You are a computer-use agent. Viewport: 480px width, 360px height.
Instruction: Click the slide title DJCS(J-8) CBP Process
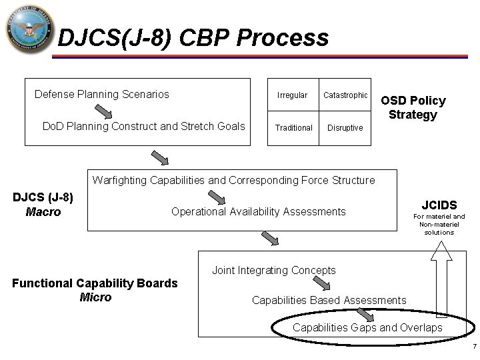click(x=193, y=38)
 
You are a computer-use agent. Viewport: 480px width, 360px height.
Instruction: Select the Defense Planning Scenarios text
click(x=101, y=94)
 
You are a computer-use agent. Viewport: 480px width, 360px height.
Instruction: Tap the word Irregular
click(x=293, y=95)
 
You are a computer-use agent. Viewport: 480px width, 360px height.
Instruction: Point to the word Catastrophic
click(x=345, y=95)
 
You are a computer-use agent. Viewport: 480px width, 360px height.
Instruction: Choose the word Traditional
click(x=295, y=127)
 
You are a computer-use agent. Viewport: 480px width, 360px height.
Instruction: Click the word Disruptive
click(x=345, y=127)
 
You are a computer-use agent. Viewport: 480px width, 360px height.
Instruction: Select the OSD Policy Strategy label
click(x=413, y=108)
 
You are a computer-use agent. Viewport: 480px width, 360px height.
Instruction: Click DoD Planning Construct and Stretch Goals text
click(x=143, y=127)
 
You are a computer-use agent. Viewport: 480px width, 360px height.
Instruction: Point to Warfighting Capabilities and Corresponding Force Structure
click(x=233, y=180)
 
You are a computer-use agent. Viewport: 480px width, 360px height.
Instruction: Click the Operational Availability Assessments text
click(x=259, y=211)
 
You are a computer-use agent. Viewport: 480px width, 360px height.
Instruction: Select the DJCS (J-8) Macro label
click(x=43, y=205)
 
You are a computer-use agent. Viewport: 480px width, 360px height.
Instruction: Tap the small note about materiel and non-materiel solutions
click(x=439, y=225)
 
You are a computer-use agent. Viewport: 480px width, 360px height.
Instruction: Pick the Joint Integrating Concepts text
click(x=273, y=270)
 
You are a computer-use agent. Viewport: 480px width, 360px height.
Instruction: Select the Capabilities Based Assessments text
click(x=329, y=300)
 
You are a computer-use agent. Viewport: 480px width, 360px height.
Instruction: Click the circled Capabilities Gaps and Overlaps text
click(x=367, y=328)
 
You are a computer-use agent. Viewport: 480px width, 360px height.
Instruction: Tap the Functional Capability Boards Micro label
click(x=95, y=290)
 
